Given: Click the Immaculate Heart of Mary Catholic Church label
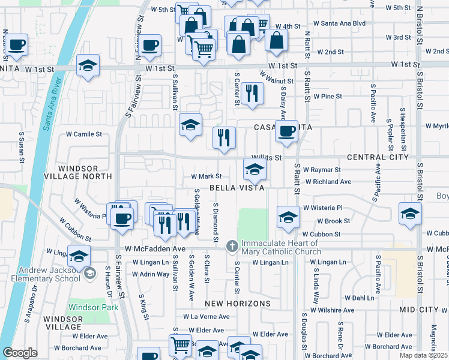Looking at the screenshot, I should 281,247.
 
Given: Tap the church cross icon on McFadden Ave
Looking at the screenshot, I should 232,247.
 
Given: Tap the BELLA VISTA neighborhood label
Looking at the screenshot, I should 237,188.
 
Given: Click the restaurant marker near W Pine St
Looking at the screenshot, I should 252,92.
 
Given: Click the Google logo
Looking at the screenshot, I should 20,353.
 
